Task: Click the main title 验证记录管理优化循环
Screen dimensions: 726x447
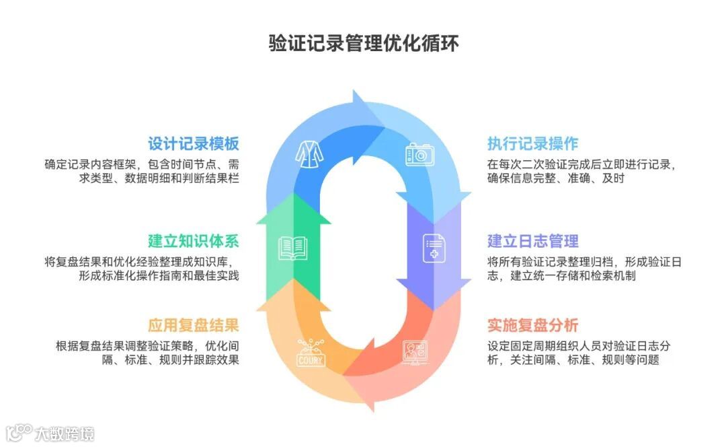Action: (364, 44)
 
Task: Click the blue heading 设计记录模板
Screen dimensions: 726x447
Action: (194, 143)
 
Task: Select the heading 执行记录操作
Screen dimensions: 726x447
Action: (532, 143)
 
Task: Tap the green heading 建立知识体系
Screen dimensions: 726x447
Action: (194, 241)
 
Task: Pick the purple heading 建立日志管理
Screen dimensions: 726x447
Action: (532, 241)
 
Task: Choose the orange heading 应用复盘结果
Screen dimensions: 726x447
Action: (194, 326)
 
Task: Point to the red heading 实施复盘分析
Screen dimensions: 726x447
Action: (532, 326)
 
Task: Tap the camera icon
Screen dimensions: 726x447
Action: (417, 154)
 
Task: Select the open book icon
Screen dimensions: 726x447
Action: (293, 248)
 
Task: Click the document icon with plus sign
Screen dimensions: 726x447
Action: (434, 248)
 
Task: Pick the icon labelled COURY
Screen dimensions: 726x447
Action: (311, 353)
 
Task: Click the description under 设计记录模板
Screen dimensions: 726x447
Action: (142, 171)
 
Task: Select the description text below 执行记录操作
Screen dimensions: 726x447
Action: (581, 171)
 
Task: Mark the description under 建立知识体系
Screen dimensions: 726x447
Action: (142, 269)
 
